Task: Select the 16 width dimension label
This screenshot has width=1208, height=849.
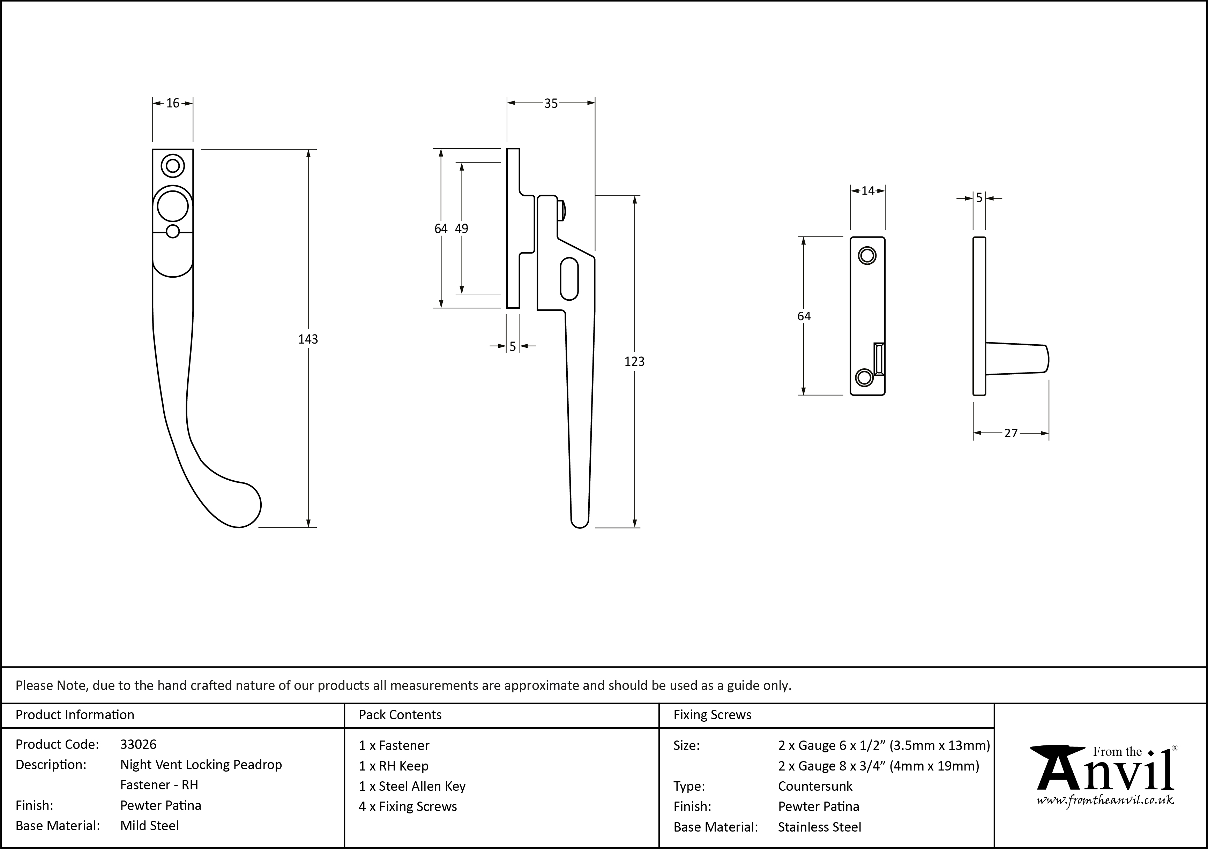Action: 173,104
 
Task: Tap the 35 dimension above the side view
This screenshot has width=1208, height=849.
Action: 551,104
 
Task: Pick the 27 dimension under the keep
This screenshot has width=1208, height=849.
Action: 1011,434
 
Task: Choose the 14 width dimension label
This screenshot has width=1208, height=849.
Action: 867,191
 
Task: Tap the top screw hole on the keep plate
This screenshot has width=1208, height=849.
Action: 867,256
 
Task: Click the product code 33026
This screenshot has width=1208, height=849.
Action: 139,744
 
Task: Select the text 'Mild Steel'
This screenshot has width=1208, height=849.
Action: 149,826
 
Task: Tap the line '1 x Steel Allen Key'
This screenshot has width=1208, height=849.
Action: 412,787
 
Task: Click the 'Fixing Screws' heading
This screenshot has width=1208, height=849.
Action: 713,715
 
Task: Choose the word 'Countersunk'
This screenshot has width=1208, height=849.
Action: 815,787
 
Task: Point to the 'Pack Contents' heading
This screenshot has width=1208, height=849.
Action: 400,715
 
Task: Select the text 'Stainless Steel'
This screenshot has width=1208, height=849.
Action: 820,827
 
